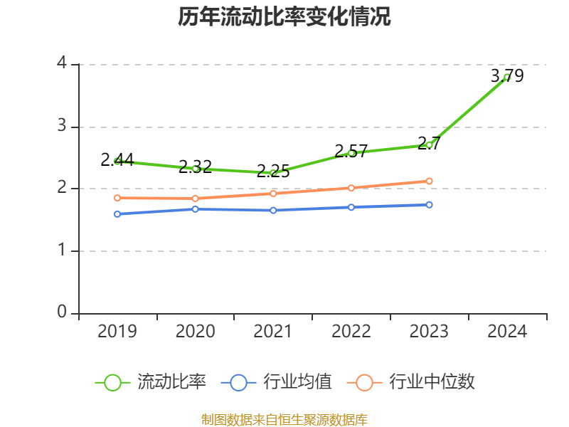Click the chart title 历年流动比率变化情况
[x=284, y=17]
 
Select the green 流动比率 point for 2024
[x=507, y=77]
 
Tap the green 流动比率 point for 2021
[x=273, y=173]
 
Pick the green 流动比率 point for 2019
[x=117, y=161]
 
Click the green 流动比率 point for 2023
[x=429, y=145]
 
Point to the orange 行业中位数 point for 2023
[x=429, y=181]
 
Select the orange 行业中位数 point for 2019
[x=117, y=198]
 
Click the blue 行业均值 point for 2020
[x=195, y=209]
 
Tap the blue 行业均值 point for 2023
[x=429, y=204]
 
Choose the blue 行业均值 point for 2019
[x=117, y=213]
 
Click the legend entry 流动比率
[x=151, y=382]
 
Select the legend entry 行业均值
[x=277, y=382]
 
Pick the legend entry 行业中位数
[x=411, y=382]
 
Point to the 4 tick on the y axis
[x=62, y=64]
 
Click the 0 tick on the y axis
[x=62, y=313]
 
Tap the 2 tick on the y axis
[x=62, y=189]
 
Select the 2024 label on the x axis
[x=507, y=332]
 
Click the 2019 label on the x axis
[x=117, y=332]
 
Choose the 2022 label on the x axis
[x=351, y=332]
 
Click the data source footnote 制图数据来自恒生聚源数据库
[x=284, y=419]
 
